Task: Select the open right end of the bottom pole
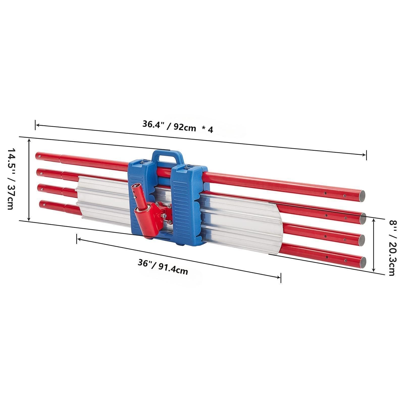[363, 261]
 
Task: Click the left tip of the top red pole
[37, 155]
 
